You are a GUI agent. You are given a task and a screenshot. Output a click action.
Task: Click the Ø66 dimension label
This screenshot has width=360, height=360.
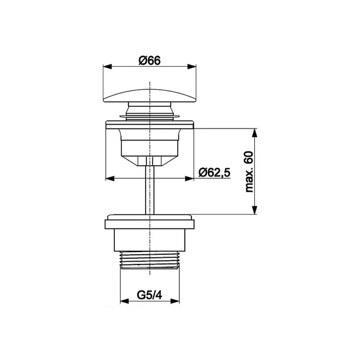click(150, 61)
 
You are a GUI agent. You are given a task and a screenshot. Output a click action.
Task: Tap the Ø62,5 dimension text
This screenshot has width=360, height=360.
click(214, 173)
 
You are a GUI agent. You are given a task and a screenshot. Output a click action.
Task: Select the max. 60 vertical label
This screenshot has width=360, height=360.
click(249, 171)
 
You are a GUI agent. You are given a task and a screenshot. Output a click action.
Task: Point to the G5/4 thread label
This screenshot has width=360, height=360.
click(150, 295)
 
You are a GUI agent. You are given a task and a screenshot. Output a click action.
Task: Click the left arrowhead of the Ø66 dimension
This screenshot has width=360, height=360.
click(107, 67)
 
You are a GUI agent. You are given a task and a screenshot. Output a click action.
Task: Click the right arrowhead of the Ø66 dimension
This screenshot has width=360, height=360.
click(192, 67)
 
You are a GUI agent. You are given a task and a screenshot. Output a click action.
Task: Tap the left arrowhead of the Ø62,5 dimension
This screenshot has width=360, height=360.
click(110, 178)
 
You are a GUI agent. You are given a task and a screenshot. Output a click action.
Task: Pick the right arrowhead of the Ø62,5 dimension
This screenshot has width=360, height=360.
click(189, 178)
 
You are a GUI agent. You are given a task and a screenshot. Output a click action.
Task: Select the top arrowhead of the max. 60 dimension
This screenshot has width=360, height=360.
click(254, 133)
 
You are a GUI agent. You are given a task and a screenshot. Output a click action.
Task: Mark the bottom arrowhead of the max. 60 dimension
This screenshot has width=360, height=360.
click(254, 210)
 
